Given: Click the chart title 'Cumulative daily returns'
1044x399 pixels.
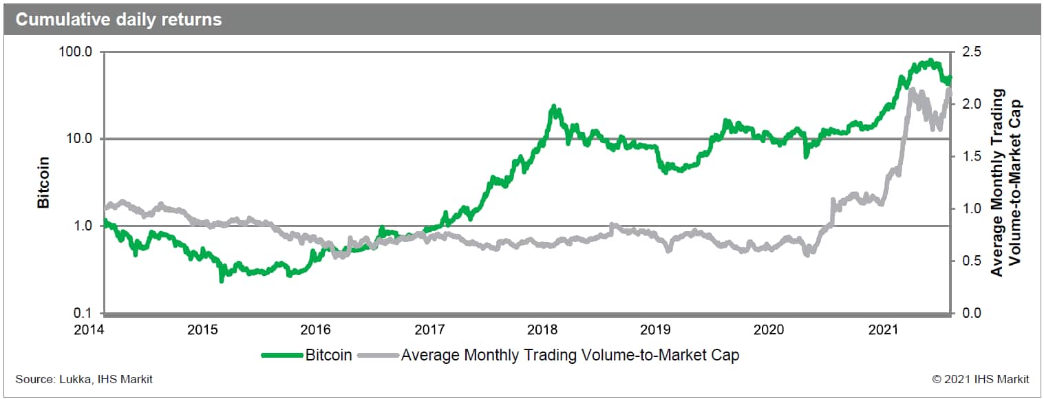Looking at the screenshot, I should [x=118, y=19].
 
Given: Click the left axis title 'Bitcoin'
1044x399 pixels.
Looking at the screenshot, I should [x=43, y=182].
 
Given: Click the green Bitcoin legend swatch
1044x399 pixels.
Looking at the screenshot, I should [x=281, y=356].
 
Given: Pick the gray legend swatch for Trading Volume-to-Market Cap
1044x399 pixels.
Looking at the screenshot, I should [x=377, y=356].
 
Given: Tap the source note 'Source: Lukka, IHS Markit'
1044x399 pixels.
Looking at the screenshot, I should [x=84, y=379].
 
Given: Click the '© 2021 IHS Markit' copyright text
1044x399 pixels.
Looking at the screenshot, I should [x=981, y=379].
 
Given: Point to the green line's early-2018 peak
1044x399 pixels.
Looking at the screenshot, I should [x=553, y=107].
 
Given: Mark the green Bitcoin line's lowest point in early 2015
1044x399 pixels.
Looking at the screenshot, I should [x=221, y=280].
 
